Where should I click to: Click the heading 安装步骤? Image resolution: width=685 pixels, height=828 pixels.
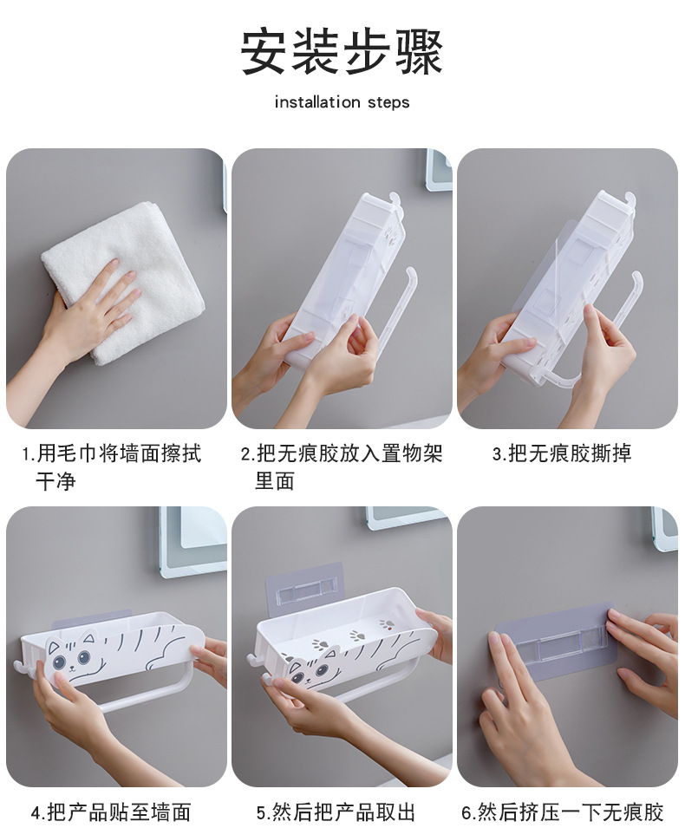[x=342, y=51]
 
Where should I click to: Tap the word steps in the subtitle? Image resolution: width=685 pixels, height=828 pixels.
[x=387, y=103]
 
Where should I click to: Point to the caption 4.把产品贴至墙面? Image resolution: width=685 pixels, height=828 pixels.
[x=111, y=812]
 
